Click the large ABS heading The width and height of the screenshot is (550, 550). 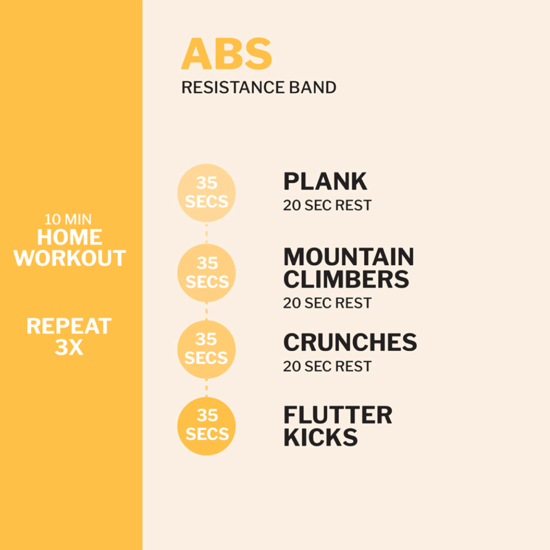pyautogui.click(x=227, y=54)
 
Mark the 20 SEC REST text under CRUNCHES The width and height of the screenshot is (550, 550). pyautogui.click(x=327, y=366)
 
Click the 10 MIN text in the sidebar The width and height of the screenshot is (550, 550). pyautogui.click(x=68, y=219)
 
